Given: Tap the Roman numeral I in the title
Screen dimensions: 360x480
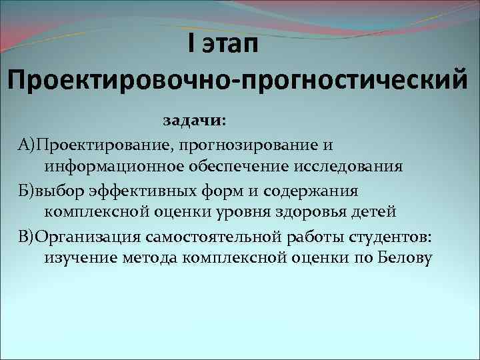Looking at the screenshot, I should click(191, 45).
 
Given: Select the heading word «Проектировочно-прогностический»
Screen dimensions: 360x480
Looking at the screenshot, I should click(239, 83).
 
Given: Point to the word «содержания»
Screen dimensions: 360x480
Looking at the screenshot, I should click(311, 191).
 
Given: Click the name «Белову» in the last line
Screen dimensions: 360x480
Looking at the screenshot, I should click(407, 258).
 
